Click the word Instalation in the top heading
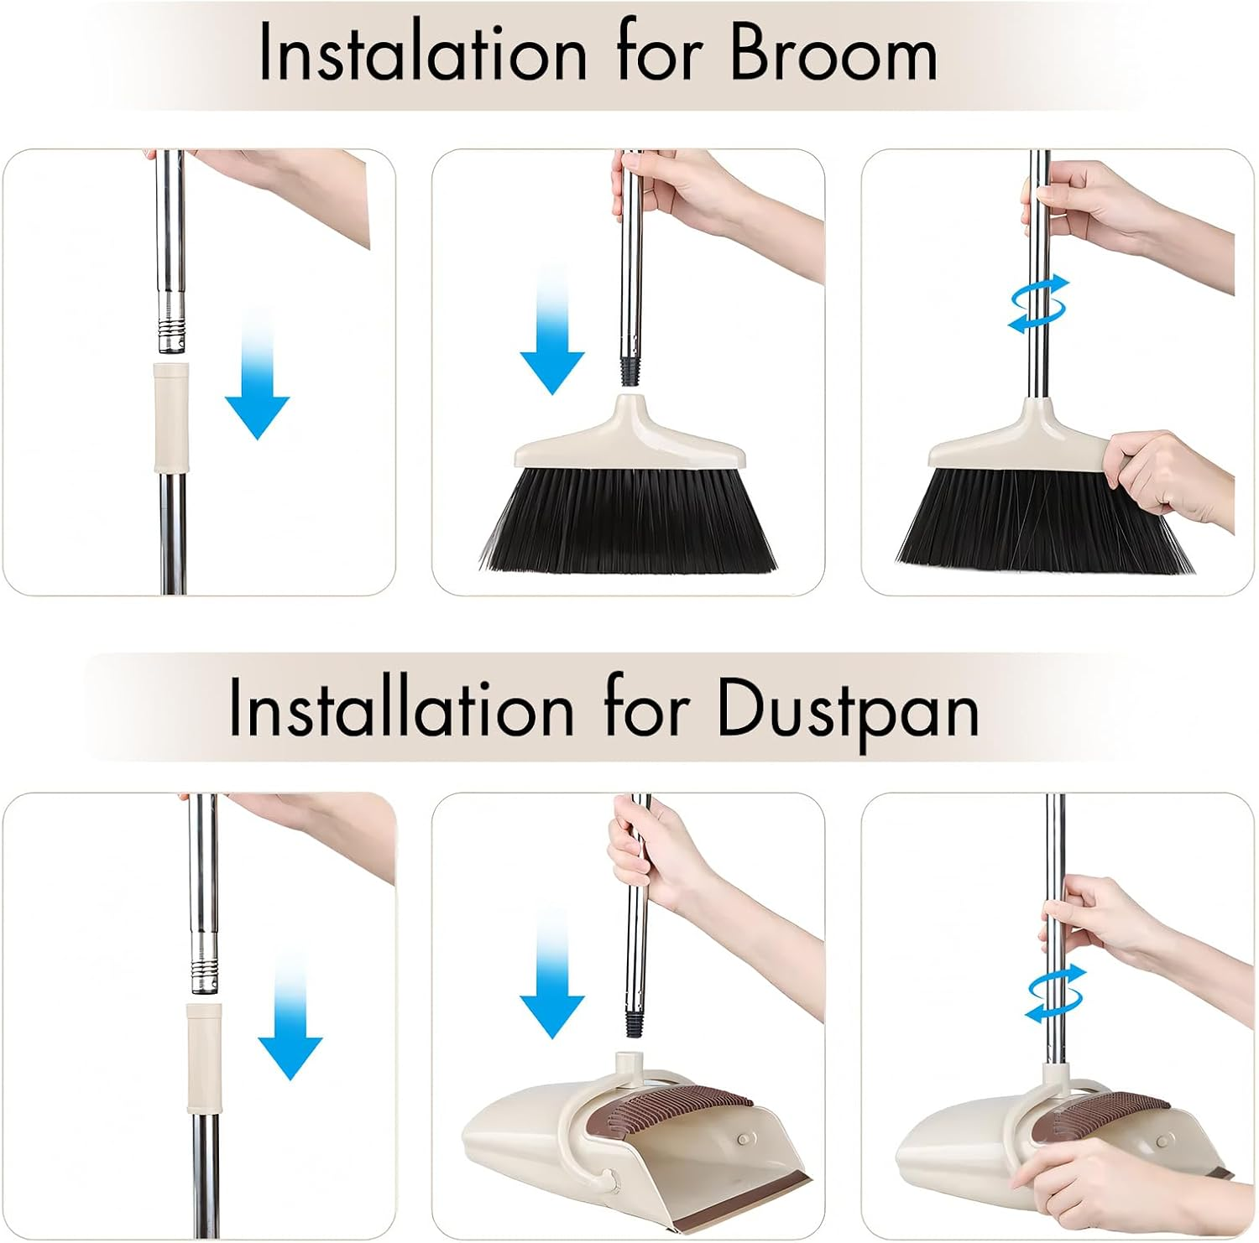click(423, 52)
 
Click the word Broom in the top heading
click(833, 52)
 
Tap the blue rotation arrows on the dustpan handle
click(1056, 993)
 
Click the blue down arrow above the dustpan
click(552, 973)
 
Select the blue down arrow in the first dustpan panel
click(290, 1015)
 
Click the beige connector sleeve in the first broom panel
click(170, 417)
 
